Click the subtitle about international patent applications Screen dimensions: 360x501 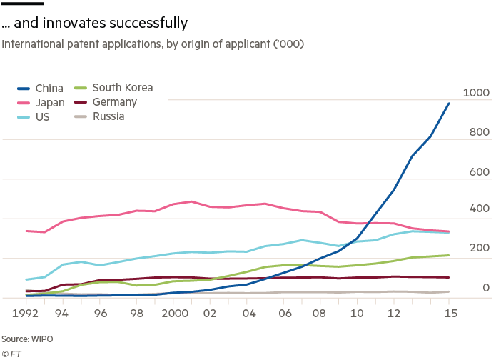153,44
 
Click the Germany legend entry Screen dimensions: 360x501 113,102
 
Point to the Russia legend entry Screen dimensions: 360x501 109,116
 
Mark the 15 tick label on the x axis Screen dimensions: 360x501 449,313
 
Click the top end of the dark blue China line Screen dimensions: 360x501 449,103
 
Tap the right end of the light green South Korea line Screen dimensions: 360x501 449,255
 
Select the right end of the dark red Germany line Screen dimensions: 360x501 449,277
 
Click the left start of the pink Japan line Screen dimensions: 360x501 26,231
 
